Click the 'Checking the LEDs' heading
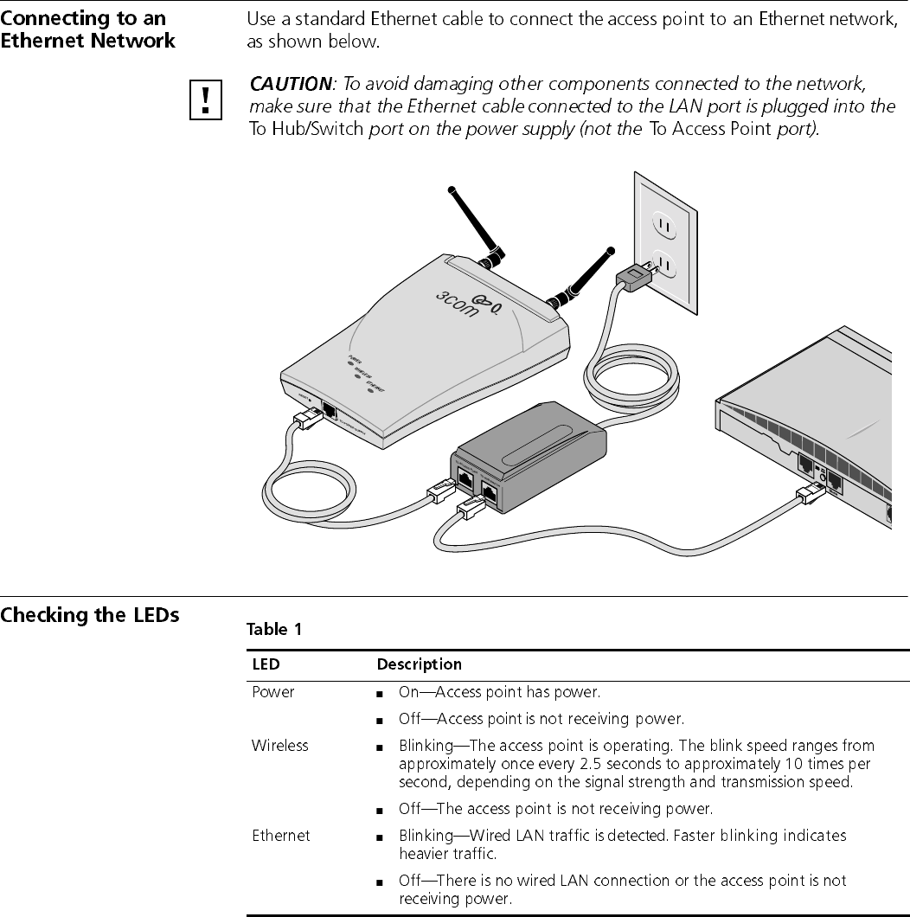[x=90, y=616]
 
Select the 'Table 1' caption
[x=274, y=630]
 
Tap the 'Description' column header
[x=419, y=664]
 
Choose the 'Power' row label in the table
[x=272, y=692]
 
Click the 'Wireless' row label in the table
[x=279, y=745]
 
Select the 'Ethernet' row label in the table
[x=280, y=836]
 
